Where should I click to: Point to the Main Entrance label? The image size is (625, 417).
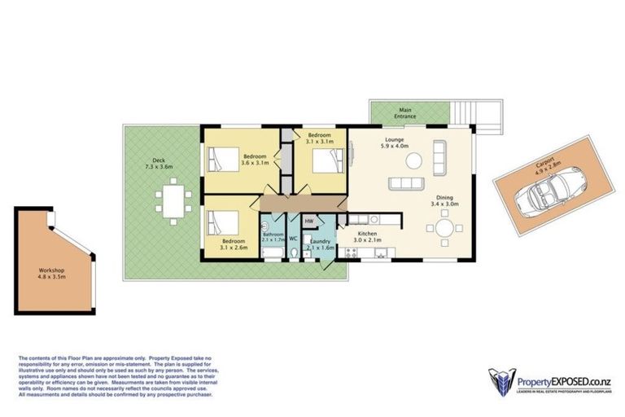[404, 113]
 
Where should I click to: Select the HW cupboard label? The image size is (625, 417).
[309, 222]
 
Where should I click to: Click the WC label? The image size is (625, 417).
[293, 239]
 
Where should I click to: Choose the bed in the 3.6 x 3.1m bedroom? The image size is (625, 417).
[224, 159]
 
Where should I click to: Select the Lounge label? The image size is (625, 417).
[396, 140]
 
